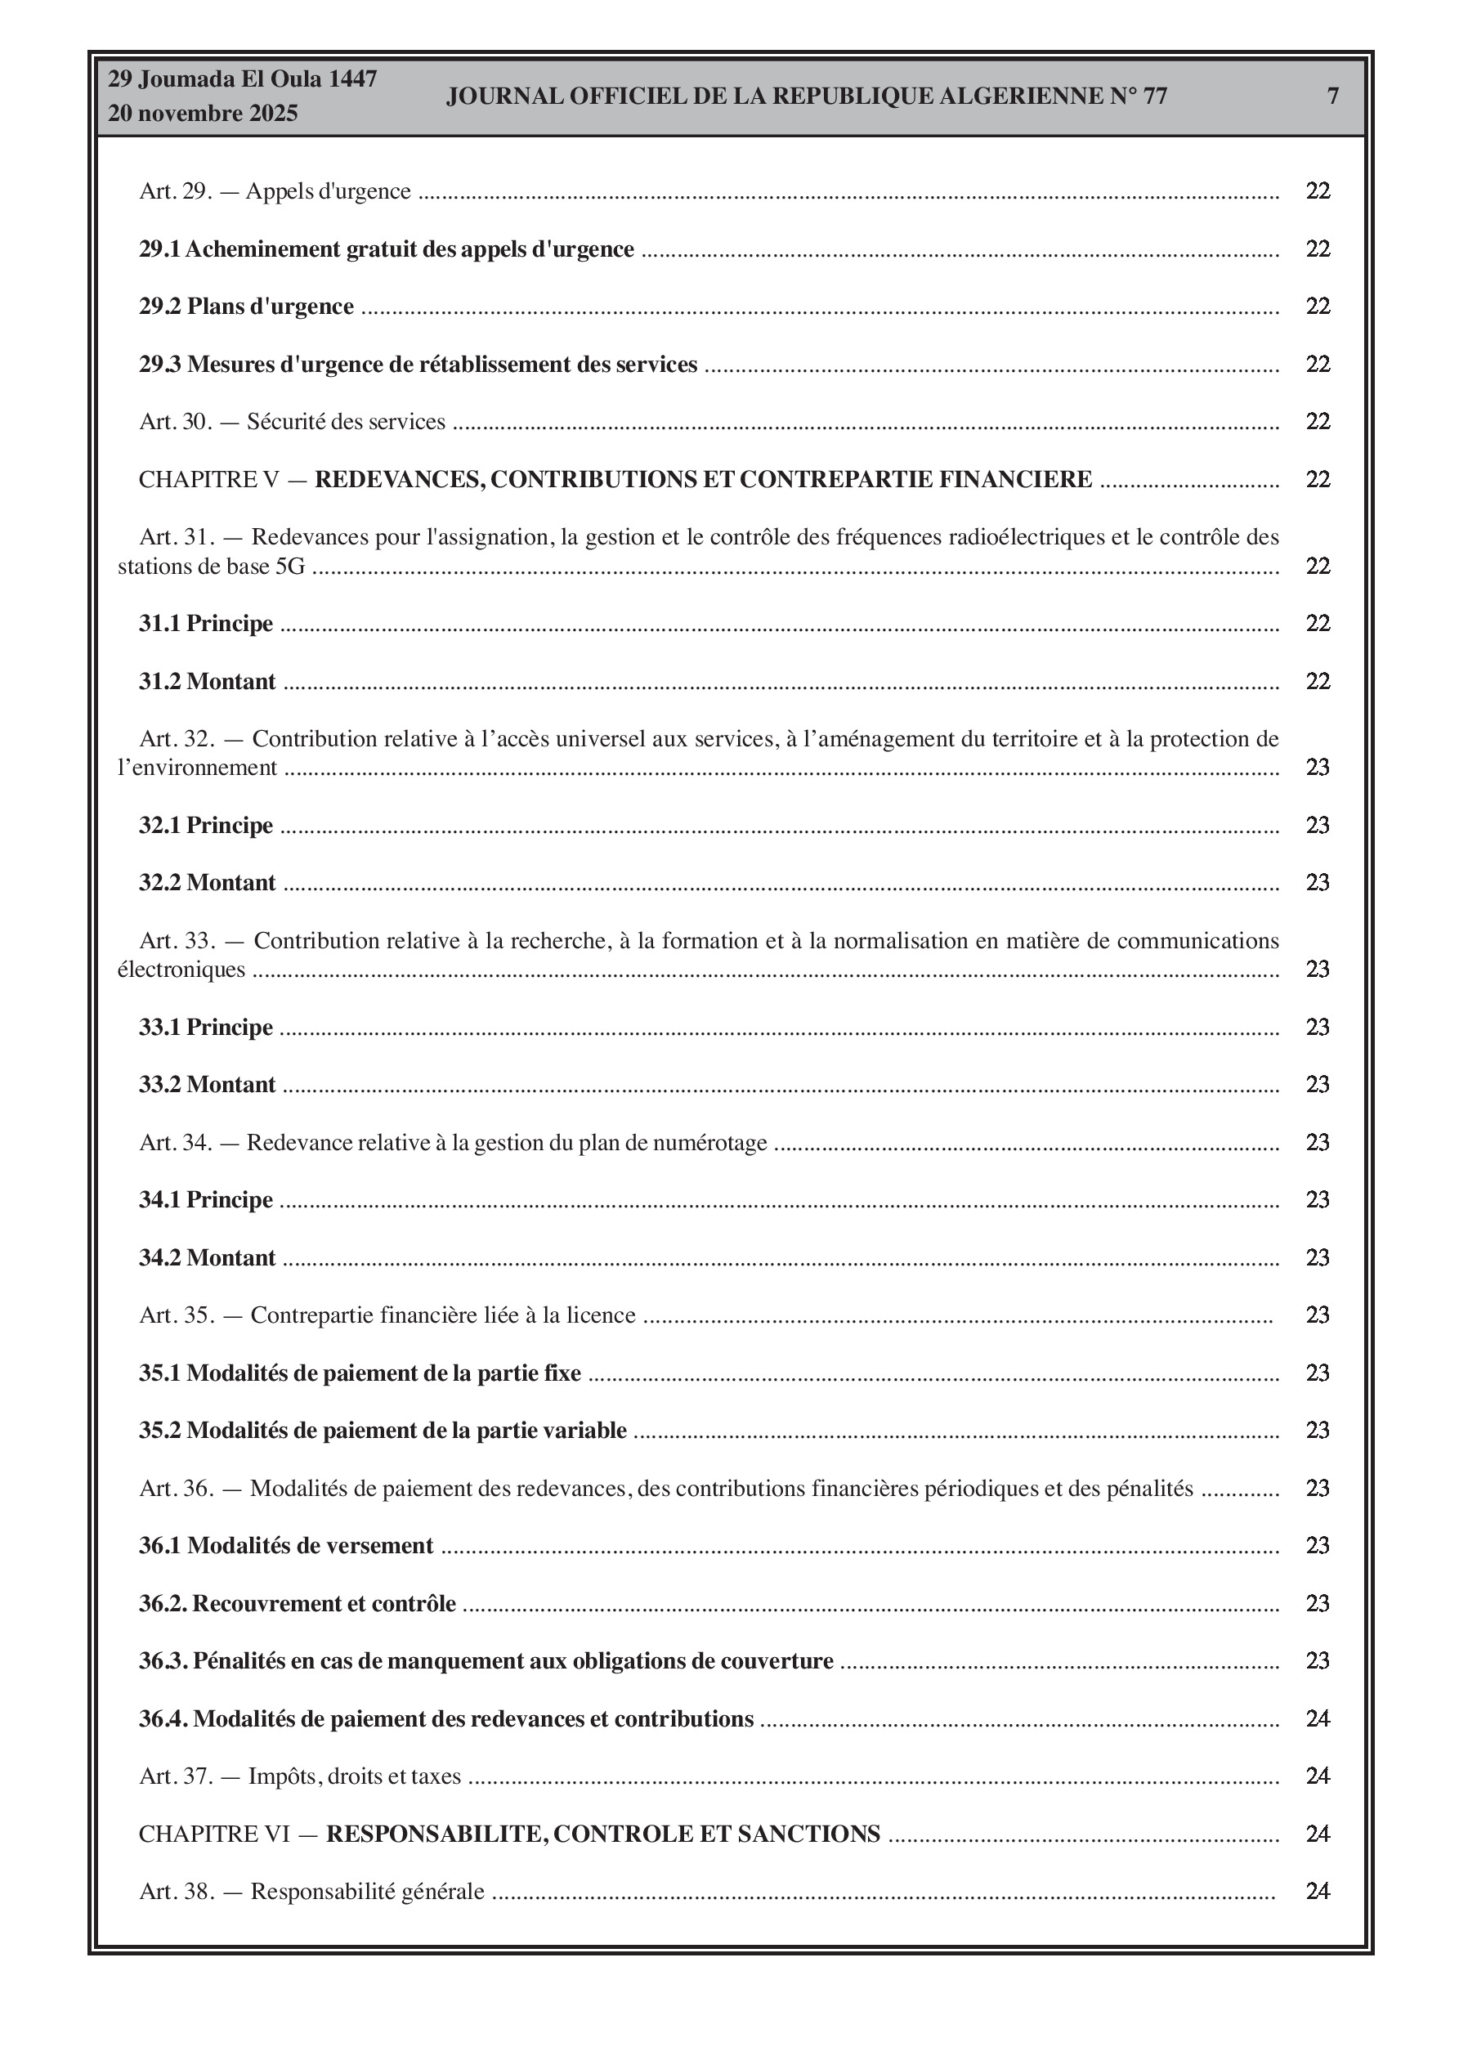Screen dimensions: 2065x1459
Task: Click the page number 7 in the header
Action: (1333, 96)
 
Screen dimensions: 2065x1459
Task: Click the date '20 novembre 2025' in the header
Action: (203, 114)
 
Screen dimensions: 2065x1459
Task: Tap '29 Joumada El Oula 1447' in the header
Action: (242, 79)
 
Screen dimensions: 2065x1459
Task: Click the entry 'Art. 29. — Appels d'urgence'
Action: (275, 191)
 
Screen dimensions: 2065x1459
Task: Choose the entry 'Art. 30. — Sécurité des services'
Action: (292, 422)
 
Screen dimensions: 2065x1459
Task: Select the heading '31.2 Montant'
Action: (207, 682)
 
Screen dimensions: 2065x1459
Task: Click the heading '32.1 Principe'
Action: (205, 826)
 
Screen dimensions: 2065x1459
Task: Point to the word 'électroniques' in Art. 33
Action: (181, 970)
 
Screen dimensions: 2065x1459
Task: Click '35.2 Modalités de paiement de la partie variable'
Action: (383, 1431)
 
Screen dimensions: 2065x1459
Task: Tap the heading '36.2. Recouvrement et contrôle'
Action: (297, 1604)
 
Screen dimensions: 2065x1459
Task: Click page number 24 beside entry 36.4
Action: (1318, 1718)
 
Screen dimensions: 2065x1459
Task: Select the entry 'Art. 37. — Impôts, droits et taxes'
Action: (299, 1776)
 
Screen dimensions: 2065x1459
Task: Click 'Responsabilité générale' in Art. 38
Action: (367, 1892)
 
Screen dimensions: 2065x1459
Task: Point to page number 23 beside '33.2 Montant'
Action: (1318, 1085)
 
